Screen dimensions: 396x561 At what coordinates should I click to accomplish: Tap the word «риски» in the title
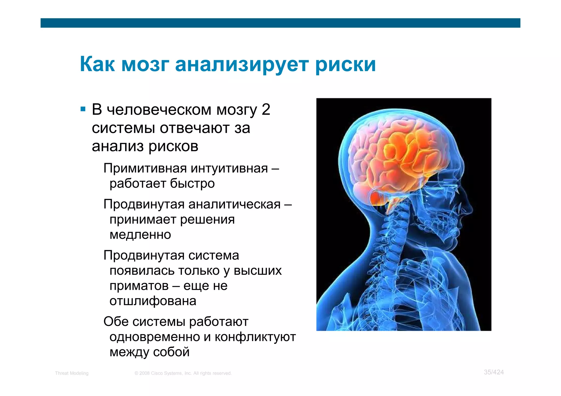coord(345,65)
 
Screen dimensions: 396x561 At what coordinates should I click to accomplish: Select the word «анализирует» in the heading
coord(242,65)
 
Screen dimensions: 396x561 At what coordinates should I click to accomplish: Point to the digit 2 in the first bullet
coord(266,109)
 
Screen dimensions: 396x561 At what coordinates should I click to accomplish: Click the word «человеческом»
coord(159,110)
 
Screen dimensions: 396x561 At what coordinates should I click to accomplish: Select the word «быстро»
coord(192,183)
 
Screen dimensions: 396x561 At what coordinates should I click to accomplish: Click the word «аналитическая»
coord(234,204)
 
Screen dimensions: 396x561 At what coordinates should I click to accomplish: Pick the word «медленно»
coord(140,235)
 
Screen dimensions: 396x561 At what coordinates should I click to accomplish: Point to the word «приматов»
coord(139,286)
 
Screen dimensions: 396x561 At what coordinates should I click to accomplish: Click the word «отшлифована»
coord(153,301)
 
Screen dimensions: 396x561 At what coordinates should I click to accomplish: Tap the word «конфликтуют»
coord(255,337)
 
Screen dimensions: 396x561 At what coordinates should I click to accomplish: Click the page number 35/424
coord(494,372)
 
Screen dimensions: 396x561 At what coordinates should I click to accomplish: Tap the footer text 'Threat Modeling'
coord(72,373)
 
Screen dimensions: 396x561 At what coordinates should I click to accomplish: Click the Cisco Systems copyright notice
coord(183,373)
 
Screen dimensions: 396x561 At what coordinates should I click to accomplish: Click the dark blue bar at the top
coord(280,23)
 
